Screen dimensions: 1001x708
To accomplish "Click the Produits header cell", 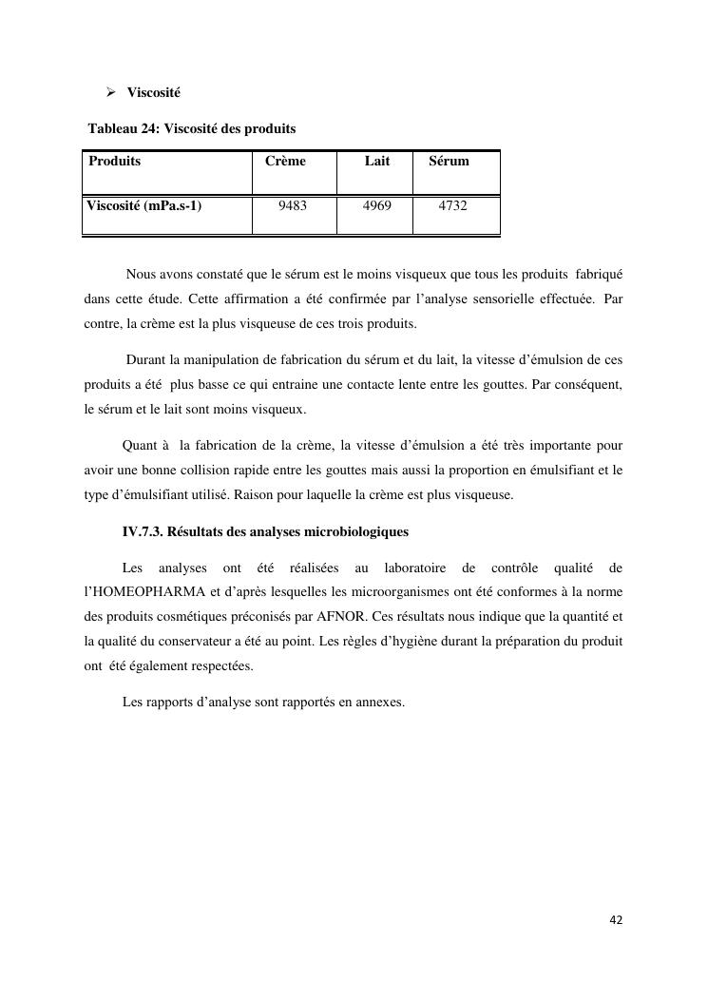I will (x=114, y=161).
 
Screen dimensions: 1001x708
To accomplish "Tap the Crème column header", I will (x=285, y=161).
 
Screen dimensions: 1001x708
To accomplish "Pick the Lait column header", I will (x=377, y=161).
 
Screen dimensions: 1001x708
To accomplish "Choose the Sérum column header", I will (x=449, y=161).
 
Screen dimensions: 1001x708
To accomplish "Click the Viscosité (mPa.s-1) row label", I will (x=144, y=204).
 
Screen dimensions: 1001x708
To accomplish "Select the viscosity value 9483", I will (x=293, y=204).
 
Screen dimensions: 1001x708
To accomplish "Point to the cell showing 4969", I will (x=377, y=204).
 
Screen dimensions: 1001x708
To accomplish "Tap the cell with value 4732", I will (x=452, y=204).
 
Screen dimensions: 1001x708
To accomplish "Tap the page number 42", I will (x=616, y=919).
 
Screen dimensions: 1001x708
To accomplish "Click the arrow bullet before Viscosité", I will (x=111, y=93).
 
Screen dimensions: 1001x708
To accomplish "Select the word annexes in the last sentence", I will (x=379, y=703).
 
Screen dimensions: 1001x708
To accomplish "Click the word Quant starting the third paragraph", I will (x=141, y=446).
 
